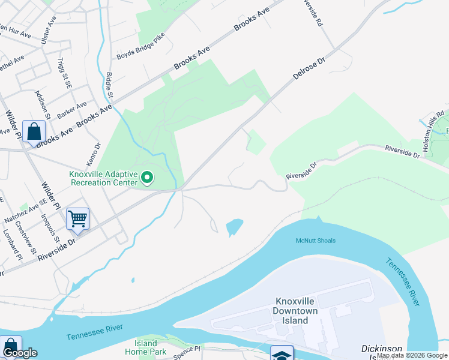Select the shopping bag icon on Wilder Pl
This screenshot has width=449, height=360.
pos(34,131)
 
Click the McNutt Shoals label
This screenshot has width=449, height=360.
pos(315,241)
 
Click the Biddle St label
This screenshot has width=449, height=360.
pos(109,85)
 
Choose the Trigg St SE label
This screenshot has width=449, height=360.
pos(64,71)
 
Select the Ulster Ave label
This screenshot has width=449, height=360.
pos(47,34)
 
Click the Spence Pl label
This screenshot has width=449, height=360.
pos(187,350)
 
